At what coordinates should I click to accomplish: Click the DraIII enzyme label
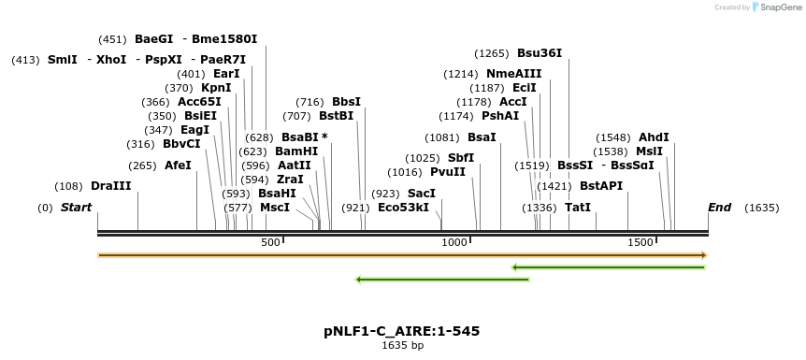coord(111,186)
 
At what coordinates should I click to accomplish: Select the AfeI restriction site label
coord(178,166)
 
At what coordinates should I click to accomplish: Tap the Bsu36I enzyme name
coord(540,53)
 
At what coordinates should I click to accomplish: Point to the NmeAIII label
coord(513,74)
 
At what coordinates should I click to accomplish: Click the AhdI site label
coord(654,137)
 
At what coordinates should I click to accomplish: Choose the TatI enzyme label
coord(577,207)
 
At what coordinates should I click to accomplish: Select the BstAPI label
coord(601,186)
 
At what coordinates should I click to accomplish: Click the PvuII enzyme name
coord(448,172)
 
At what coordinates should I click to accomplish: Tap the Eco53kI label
coord(403,208)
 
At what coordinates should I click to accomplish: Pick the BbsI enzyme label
coord(346,102)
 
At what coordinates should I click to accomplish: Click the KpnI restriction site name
coord(216,88)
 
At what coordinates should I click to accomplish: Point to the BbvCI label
coord(181,144)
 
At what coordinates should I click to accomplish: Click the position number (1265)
coord(492,53)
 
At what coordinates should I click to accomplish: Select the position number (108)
coord(69,186)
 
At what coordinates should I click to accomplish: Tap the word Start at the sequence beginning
coord(76,207)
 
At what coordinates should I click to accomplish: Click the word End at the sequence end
coord(719,207)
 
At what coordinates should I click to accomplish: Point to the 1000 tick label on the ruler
coord(454,242)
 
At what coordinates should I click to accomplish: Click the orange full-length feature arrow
coord(402,254)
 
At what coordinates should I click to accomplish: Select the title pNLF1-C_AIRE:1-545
coord(402,331)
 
